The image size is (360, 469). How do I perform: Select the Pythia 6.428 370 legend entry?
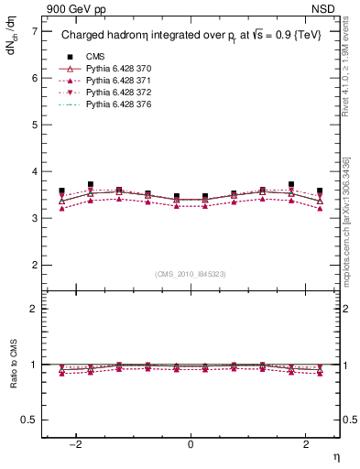113,70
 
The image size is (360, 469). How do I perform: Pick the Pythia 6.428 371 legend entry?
113,82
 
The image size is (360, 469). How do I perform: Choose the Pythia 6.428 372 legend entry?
113,95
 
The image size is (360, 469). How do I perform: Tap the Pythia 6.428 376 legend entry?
113,108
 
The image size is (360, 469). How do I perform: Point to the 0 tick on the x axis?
191,444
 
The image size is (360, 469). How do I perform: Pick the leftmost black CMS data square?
62,191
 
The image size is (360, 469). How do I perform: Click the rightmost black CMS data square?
319,191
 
